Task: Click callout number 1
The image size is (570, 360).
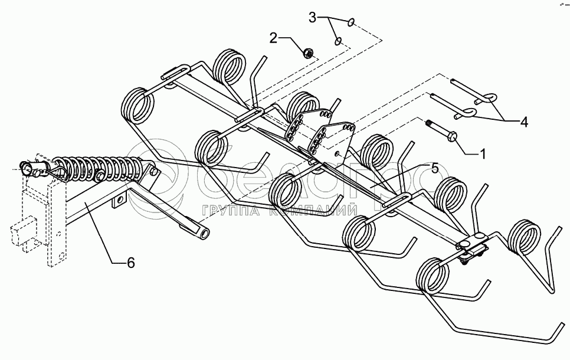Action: (483, 154)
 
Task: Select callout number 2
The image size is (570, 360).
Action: (273, 39)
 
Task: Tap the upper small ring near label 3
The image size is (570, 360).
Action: (351, 23)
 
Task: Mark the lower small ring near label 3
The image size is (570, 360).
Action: (338, 41)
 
